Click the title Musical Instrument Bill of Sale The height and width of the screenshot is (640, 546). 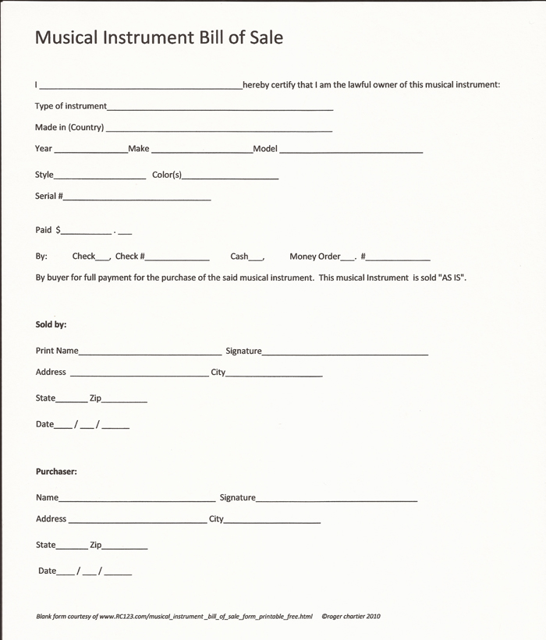[x=158, y=37]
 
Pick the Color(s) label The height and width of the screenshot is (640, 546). [x=167, y=175]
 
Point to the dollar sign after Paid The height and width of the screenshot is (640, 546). [x=58, y=230]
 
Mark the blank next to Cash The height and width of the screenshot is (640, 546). [x=257, y=259]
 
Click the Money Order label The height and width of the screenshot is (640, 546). [x=315, y=256]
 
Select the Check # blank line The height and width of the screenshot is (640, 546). [x=177, y=259]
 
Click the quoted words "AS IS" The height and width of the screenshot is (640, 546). [x=452, y=277]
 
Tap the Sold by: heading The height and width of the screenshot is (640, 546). [x=51, y=324]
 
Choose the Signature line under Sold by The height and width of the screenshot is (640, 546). [x=345, y=354]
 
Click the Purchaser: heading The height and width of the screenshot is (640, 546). [x=56, y=471]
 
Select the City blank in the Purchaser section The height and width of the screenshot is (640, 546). [x=272, y=522]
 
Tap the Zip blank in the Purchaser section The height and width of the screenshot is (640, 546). [x=124, y=548]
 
